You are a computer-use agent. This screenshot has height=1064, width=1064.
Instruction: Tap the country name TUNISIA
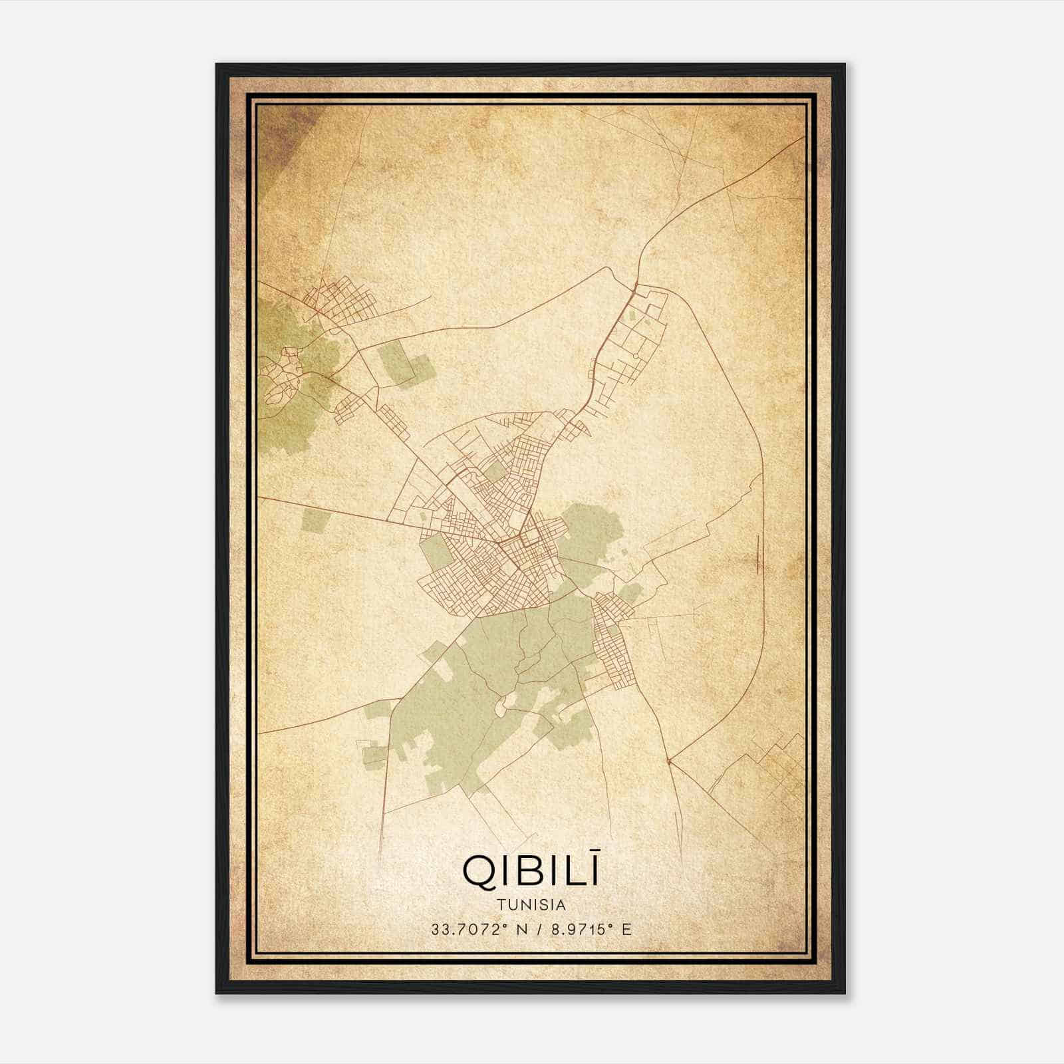tap(531, 904)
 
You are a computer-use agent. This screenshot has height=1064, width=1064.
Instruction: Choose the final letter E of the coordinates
tap(626, 929)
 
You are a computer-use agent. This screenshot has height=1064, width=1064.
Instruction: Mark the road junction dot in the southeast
tap(668, 760)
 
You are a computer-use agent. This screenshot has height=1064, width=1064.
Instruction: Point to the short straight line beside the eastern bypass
tap(758, 553)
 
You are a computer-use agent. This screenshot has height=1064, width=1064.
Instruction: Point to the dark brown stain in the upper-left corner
tap(283, 130)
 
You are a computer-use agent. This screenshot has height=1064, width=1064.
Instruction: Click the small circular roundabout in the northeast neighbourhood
tap(636, 357)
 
